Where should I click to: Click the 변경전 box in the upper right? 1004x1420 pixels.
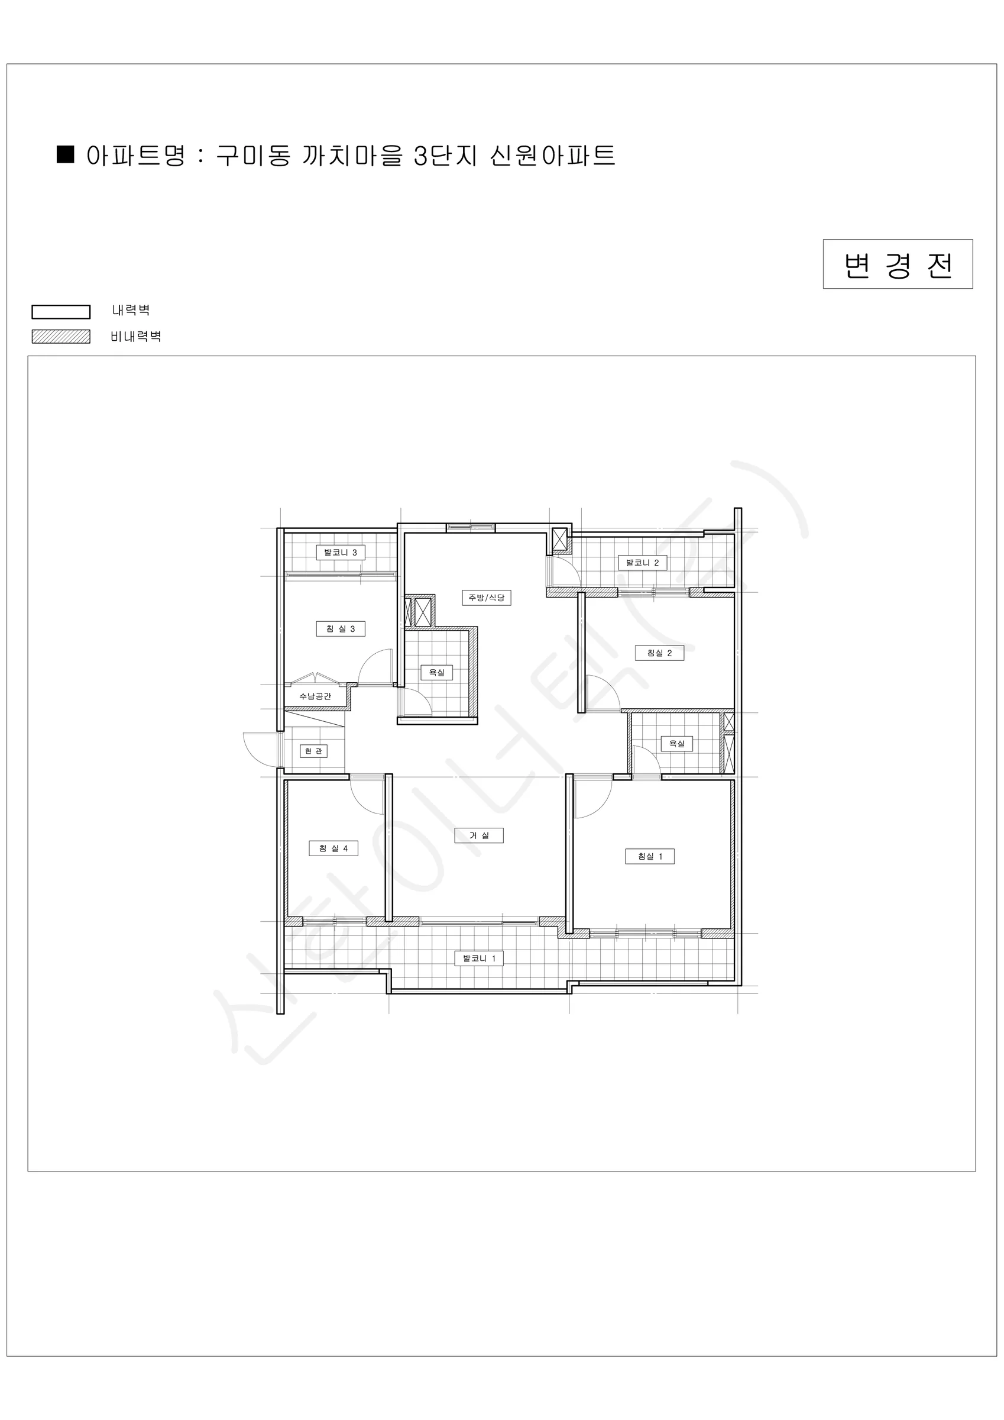(x=898, y=264)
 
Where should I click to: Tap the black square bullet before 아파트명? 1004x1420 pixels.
(x=66, y=154)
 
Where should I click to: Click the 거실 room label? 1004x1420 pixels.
(x=478, y=835)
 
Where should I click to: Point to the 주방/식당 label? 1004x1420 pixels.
(x=487, y=598)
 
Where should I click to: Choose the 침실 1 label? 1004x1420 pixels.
(x=650, y=857)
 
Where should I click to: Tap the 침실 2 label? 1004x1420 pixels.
(x=660, y=653)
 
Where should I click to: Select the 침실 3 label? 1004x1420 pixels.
(x=341, y=629)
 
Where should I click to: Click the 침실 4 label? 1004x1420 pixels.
(x=334, y=848)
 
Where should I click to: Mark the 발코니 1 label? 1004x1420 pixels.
(x=479, y=958)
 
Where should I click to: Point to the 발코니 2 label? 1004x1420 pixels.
(x=642, y=563)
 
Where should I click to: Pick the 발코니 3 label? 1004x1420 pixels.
(x=341, y=552)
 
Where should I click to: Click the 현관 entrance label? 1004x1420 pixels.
(x=314, y=751)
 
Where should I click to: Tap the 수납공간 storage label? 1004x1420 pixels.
(x=315, y=696)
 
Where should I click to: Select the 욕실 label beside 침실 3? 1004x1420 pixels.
(x=436, y=672)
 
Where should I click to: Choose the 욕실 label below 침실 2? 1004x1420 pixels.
(x=677, y=743)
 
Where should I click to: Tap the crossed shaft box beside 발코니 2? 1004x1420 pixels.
(x=559, y=538)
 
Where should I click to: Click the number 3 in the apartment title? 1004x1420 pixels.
(x=420, y=156)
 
